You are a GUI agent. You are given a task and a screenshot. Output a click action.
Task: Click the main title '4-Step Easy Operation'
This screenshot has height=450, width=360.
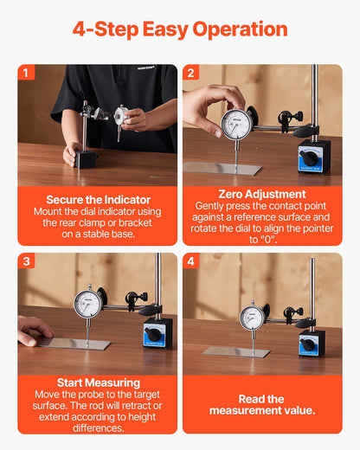pyautogui.click(x=180, y=29)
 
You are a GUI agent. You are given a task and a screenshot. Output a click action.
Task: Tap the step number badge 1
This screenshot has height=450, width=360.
pyautogui.click(x=27, y=73)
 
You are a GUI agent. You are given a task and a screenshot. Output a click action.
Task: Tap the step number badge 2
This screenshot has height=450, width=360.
pyautogui.click(x=191, y=73)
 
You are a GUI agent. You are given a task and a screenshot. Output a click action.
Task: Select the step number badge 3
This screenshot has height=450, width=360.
pyautogui.click(x=27, y=260)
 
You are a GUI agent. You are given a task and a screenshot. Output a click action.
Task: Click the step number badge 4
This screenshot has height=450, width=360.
pyautogui.click(x=191, y=260)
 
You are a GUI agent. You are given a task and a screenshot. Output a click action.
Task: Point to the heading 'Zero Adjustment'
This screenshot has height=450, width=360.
pyautogui.click(x=262, y=194)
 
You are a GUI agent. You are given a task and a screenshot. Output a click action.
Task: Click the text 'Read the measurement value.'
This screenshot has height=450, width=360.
pyautogui.click(x=262, y=405)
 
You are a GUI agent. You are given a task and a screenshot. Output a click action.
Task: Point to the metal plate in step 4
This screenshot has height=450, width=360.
pyautogui.click(x=235, y=352)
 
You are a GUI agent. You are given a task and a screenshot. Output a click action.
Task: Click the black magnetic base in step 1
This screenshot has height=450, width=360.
pyautogui.click(x=86, y=159)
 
